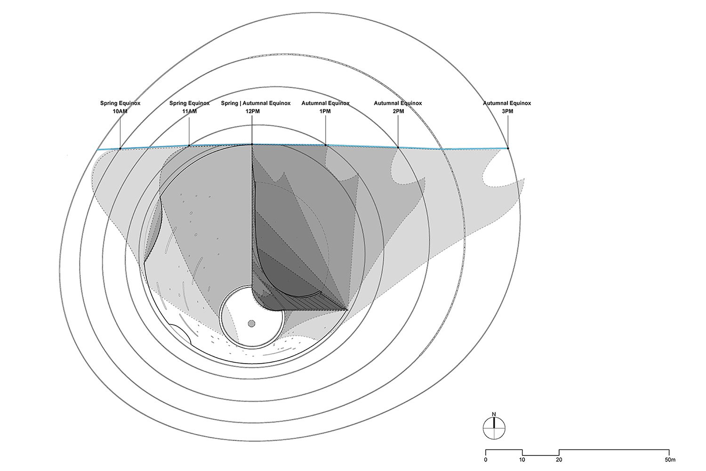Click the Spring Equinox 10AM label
point(120,107)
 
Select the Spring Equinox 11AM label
point(189,107)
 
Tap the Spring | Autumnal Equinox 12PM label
point(256,107)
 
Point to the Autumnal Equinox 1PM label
point(325,107)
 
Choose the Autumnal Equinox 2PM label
point(398,107)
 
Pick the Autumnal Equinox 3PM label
point(507,107)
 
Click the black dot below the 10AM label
point(120,148)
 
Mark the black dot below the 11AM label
point(189,146)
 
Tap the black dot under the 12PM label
point(252,145)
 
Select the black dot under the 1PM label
point(326,145)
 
